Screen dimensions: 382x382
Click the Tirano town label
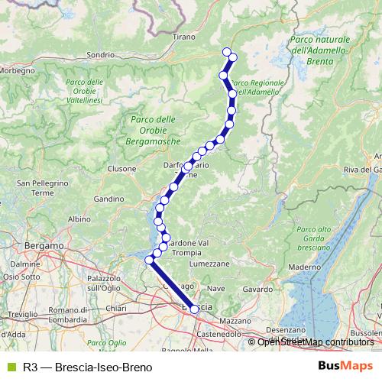coord(184,37)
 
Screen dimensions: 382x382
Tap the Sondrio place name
coord(121,55)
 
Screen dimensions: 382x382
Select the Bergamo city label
coord(43,246)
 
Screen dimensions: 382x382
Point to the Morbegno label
coord(16,70)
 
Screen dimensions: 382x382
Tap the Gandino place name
coord(109,199)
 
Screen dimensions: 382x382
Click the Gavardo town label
coord(257,290)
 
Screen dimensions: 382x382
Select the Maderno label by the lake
coord(305,267)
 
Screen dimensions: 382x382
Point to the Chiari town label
coord(116,307)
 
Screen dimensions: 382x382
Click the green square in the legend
coord(11,367)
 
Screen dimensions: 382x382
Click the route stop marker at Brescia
coord(195,309)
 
